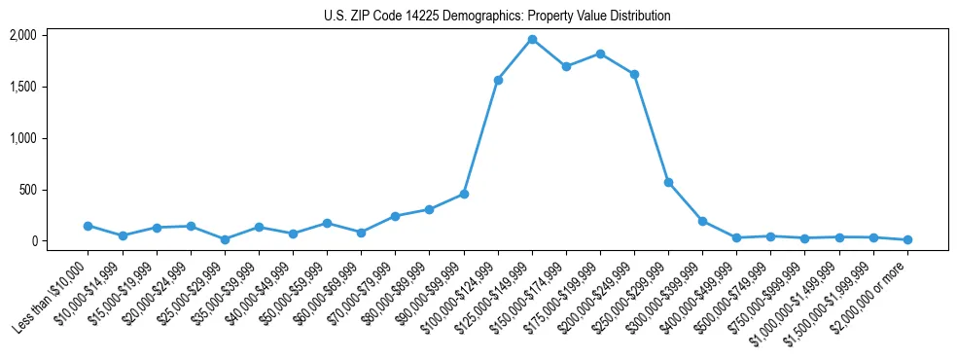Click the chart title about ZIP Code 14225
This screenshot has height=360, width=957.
click(x=497, y=17)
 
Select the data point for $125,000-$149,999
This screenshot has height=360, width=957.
click(x=532, y=39)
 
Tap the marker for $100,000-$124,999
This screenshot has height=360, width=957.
click(x=498, y=80)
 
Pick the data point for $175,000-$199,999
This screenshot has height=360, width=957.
click(x=600, y=54)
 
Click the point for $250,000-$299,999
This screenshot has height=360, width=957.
click(x=668, y=182)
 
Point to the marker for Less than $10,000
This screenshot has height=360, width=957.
click(x=89, y=226)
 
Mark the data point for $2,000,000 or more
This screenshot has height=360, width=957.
click(x=907, y=239)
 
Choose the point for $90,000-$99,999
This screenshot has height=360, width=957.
click(x=464, y=194)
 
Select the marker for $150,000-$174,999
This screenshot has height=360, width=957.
click(x=566, y=66)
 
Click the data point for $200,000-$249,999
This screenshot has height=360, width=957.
click(x=634, y=74)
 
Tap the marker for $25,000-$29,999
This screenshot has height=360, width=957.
click(x=225, y=239)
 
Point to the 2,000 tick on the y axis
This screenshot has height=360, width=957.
click(x=22, y=35)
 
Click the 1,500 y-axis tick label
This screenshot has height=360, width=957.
click(x=22, y=87)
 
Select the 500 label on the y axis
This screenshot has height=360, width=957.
click(x=27, y=190)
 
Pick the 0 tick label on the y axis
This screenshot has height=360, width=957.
click(x=33, y=241)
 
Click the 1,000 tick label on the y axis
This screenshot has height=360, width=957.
click(x=22, y=138)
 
